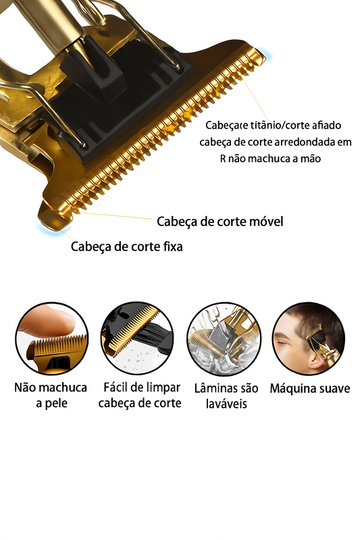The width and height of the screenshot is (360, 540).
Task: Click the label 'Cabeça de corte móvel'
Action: (x=220, y=221)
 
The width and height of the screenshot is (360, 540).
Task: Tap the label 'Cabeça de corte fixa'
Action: (x=127, y=246)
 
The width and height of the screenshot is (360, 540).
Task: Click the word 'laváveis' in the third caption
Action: (x=227, y=404)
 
